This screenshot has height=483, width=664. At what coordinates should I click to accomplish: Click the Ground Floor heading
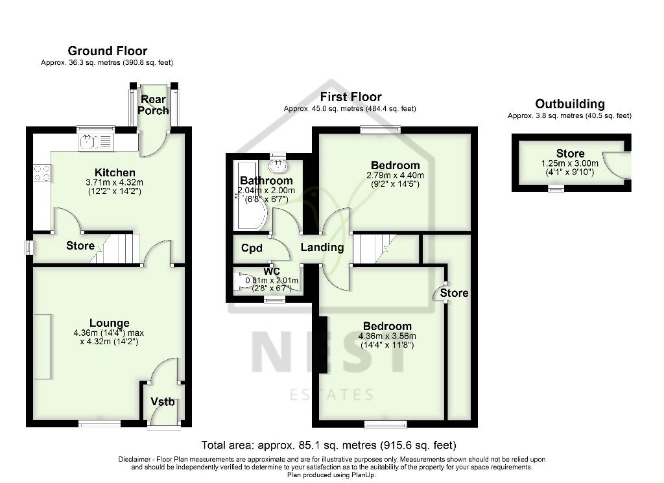pyautogui.click(x=107, y=51)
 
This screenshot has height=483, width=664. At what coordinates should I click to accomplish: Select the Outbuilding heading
pyautogui.click(x=569, y=104)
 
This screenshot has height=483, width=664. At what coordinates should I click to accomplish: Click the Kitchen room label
pyautogui.click(x=115, y=172)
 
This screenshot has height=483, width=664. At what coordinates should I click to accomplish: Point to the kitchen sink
pyautogui.click(x=95, y=141)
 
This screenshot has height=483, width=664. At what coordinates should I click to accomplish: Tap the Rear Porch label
pyautogui.click(x=153, y=104)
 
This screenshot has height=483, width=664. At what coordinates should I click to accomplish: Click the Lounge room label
pyautogui.click(x=110, y=323)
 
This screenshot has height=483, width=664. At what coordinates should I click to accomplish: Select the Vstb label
pyautogui.click(x=163, y=402)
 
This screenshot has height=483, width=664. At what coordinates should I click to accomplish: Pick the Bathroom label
pyautogui.click(x=266, y=180)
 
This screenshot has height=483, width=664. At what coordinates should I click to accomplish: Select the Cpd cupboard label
pyautogui.click(x=252, y=248)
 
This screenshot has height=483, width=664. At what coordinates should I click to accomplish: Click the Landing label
pyautogui.click(x=322, y=247)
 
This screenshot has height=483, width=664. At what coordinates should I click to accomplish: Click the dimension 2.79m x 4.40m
pyautogui.click(x=394, y=175)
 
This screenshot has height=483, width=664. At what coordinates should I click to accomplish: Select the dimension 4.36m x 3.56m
pyautogui.click(x=386, y=336)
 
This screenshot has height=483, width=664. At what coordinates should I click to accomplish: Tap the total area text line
pyautogui.click(x=329, y=445)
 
